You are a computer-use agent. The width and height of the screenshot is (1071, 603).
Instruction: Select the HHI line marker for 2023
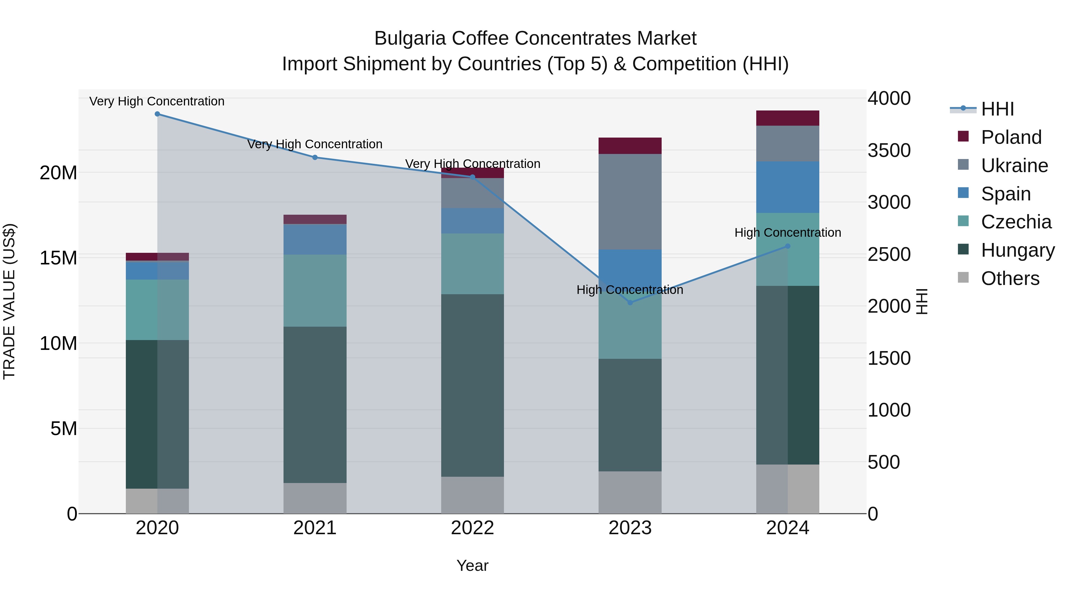click(x=630, y=303)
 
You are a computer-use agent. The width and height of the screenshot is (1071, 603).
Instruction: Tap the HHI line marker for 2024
click(x=787, y=246)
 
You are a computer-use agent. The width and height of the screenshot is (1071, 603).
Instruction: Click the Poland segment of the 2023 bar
click(x=630, y=146)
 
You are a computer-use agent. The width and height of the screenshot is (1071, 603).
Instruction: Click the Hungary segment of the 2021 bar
click(x=315, y=404)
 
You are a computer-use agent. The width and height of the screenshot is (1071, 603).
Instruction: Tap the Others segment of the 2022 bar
click(x=472, y=495)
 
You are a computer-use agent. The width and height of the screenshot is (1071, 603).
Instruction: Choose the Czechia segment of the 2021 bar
click(x=315, y=290)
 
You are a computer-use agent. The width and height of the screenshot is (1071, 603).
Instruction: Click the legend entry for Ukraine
click(x=1014, y=166)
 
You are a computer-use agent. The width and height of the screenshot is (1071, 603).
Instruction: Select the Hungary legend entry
click(x=1018, y=250)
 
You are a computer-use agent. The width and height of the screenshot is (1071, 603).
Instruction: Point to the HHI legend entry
click(x=998, y=109)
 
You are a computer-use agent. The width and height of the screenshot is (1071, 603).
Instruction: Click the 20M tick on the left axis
click(x=58, y=173)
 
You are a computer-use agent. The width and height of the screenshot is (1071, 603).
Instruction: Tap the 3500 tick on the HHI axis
click(x=889, y=150)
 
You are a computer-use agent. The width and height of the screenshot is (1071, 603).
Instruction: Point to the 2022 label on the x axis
click(x=472, y=528)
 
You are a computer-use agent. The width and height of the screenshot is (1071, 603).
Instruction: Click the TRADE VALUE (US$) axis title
click(x=9, y=301)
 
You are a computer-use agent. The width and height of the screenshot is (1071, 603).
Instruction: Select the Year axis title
click(x=472, y=565)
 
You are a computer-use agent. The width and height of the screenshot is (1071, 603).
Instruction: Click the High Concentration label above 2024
click(x=787, y=233)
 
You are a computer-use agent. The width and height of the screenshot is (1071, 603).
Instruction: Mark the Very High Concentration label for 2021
click(x=315, y=144)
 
